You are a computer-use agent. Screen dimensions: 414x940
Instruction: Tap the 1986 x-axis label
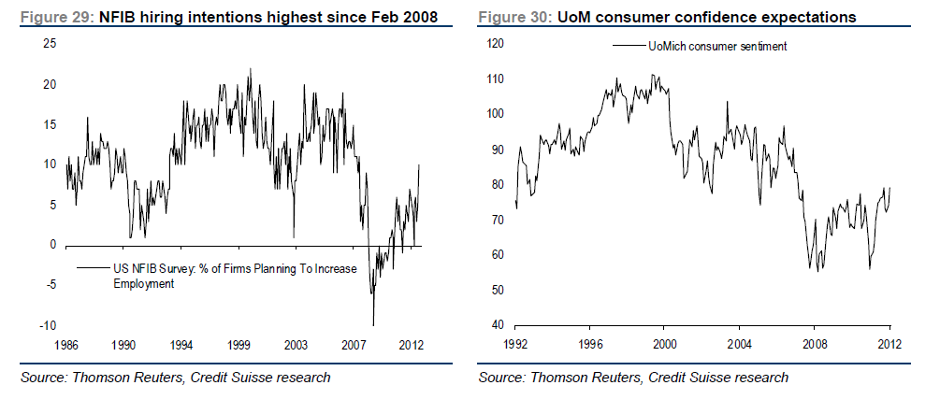[65, 344]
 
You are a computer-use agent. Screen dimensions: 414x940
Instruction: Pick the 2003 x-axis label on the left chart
[296, 344]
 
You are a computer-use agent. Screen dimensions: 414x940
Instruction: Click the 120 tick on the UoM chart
[494, 44]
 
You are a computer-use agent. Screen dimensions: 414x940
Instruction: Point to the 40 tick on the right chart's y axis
[498, 325]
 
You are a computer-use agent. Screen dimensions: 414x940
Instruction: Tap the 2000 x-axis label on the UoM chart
[663, 344]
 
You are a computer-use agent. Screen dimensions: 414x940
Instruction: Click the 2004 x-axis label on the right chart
[739, 344]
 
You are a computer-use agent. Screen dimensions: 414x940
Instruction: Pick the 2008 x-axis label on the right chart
[814, 344]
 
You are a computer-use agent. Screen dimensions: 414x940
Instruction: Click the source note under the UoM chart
[633, 378]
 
